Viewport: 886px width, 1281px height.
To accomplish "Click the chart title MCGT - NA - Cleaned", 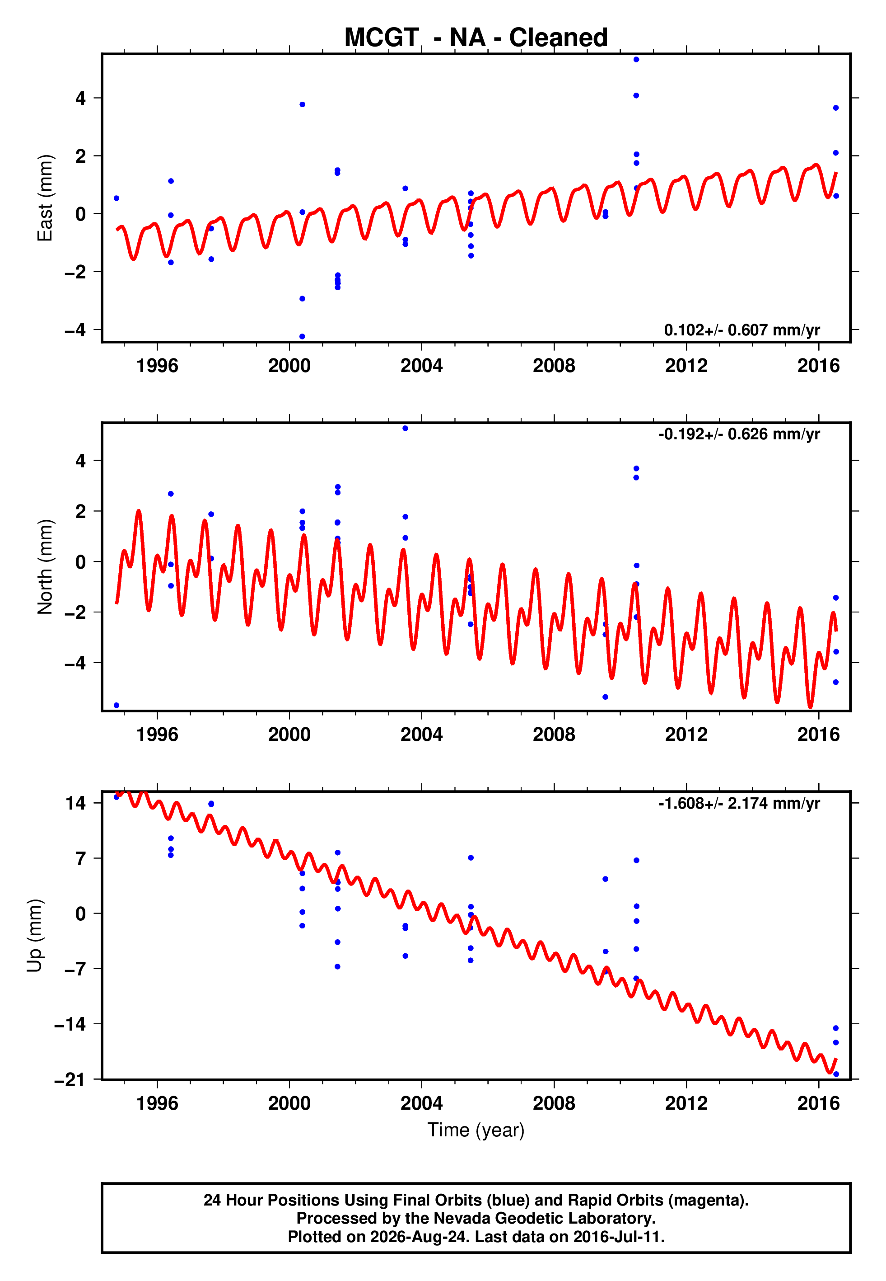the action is click(476, 38).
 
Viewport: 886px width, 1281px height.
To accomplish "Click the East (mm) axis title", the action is click(44, 198).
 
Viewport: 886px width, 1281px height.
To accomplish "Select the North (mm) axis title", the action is click(44, 567).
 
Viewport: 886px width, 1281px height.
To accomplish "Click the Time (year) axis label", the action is click(476, 1130).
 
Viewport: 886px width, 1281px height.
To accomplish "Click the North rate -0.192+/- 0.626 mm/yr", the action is click(739, 434).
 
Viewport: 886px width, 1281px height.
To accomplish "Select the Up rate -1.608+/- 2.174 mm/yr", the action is click(739, 803).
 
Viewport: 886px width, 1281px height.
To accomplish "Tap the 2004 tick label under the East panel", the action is click(421, 366).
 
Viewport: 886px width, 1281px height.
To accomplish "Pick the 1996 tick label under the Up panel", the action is click(157, 1103).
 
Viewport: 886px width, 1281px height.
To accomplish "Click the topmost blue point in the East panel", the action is click(636, 59).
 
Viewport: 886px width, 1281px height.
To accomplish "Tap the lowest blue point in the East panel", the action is click(302, 337).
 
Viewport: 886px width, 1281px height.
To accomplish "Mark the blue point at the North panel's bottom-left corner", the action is click(116, 706).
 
